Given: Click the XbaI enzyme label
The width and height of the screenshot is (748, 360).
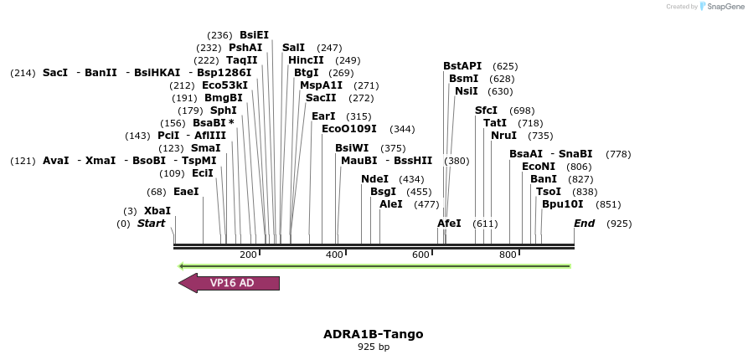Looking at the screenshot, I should (x=157, y=211).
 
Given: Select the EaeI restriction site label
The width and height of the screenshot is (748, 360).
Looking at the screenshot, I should (x=186, y=192).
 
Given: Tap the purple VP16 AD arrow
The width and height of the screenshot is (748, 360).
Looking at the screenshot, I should (x=230, y=283).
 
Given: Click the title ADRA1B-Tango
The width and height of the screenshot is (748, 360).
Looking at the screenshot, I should (x=373, y=334).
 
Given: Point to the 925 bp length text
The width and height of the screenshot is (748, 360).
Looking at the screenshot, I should (x=373, y=347).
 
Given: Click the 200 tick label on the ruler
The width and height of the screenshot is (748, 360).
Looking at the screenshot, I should (x=248, y=255).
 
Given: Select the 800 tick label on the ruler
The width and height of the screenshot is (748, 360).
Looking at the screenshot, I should (x=508, y=255).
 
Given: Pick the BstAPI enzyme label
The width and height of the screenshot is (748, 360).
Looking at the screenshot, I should (x=462, y=66).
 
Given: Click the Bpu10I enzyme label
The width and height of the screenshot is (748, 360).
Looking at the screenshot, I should (x=562, y=204).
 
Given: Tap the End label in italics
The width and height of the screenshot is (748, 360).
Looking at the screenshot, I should (x=584, y=224).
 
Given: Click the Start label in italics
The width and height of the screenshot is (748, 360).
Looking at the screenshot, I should (x=151, y=224).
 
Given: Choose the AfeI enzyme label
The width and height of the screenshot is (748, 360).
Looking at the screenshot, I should (x=449, y=224).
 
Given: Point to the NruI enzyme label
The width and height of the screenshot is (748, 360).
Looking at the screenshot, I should (x=503, y=136).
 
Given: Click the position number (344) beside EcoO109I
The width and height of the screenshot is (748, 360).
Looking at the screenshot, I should (x=402, y=129).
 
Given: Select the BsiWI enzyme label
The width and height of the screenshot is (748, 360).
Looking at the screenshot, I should (x=352, y=148).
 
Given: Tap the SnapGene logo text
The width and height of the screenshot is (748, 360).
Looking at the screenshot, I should (x=723, y=7).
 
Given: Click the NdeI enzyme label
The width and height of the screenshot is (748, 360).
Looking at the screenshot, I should (x=374, y=179).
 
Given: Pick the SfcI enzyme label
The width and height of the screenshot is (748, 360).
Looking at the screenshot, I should (x=486, y=111).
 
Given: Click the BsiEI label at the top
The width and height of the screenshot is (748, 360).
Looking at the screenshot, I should (x=254, y=35).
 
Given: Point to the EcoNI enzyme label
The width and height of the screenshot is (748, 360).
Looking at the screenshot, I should (x=538, y=167).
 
